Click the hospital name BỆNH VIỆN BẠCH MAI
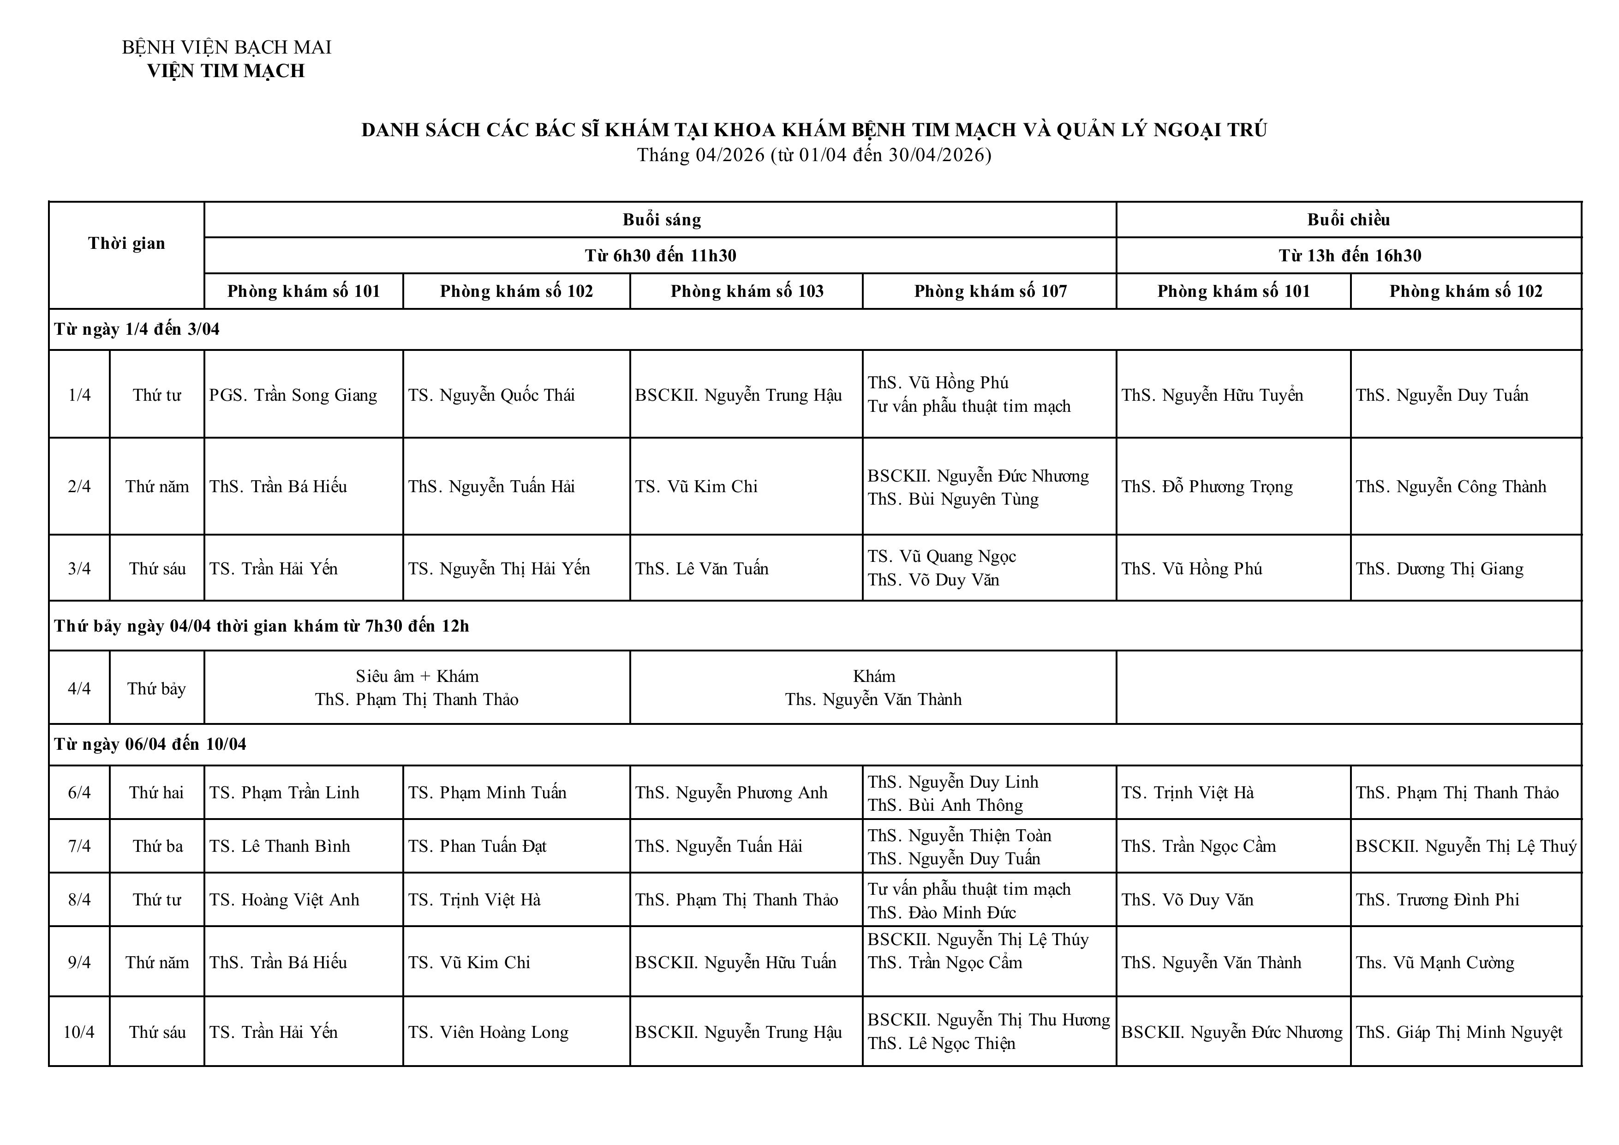coord(227,47)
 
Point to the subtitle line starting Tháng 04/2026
coord(814,155)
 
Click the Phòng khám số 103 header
coord(746,291)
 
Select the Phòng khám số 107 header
coord(990,291)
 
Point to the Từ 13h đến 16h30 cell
coord(1349,255)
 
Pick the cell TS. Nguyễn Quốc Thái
coord(491,395)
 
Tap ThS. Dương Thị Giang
coord(1439,569)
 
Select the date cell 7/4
coord(79,846)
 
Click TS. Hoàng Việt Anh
coord(284,899)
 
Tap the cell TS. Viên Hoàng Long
coord(488,1032)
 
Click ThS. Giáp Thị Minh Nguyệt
coord(1458,1032)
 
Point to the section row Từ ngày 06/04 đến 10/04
coord(150,744)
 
